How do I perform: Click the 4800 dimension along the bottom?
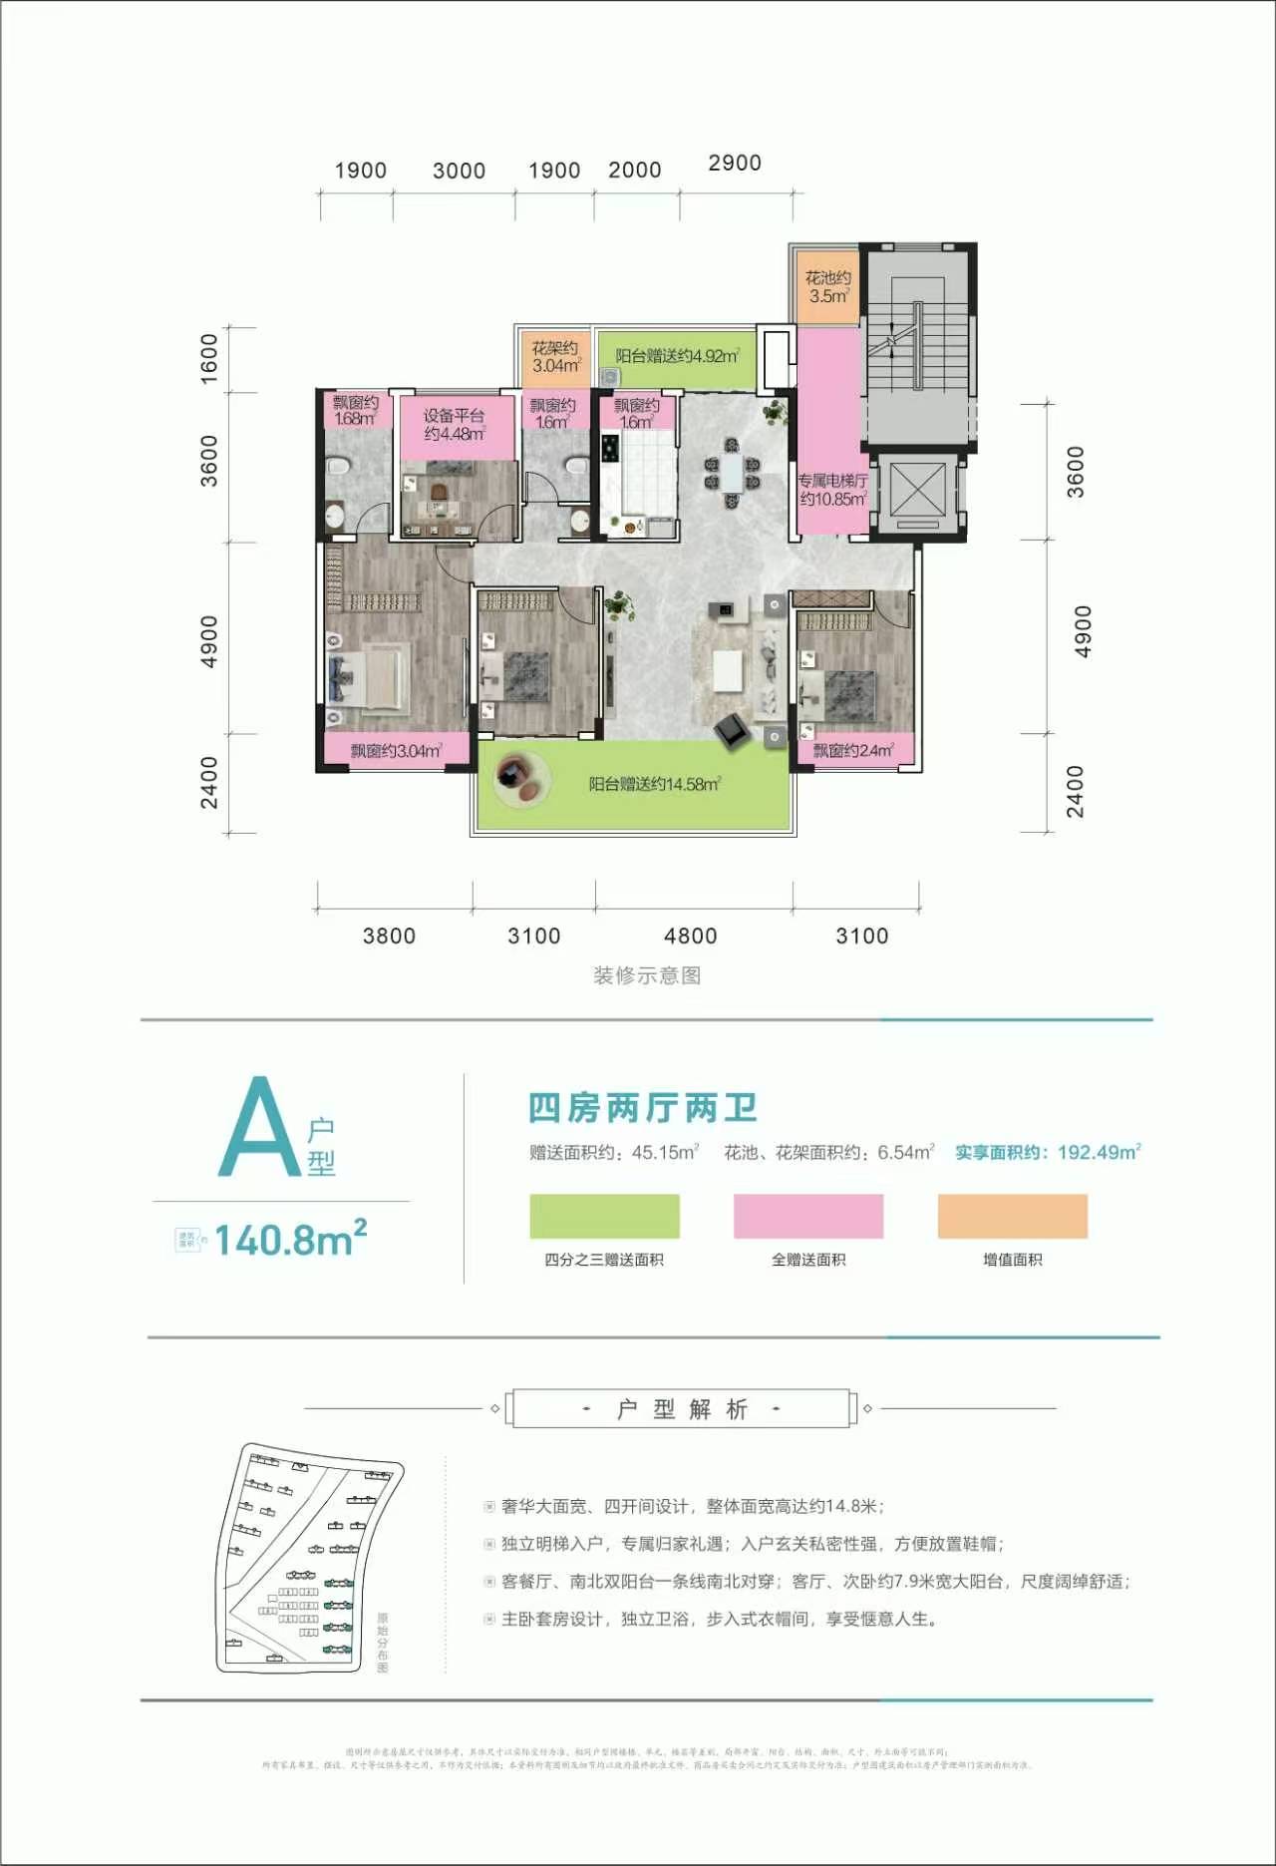pyautogui.click(x=690, y=935)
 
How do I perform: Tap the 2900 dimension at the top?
pyautogui.click(x=735, y=163)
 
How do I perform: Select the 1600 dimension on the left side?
pyautogui.click(x=209, y=359)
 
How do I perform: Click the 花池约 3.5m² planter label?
pyautogui.click(x=828, y=287)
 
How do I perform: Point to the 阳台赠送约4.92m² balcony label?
pyautogui.click(x=677, y=356)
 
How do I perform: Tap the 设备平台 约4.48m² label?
pyautogui.click(x=454, y=425)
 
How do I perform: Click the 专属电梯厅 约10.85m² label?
pyautogui.click(x=832, y=490)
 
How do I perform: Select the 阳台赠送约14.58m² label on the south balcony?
pyautogui.click(x=654, y=784)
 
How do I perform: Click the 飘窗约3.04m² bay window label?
pyautogui.click(x=396, y=751)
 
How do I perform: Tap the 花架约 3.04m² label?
pyautogui.click(x=555, y=356)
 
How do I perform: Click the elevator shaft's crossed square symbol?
pyautogui.click(x=915, y=490)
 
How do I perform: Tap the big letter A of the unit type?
pyautogui.click(x=259, y=1127)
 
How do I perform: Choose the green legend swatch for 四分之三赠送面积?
pyautogui.click(x=604, y=1216)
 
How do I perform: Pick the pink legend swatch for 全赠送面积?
pyautogui.click(x=808, y=1216)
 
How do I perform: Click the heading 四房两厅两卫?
pyautogui.click(x=643, y=1108)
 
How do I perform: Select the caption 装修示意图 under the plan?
pyautogui.click(x=647, y=975)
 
